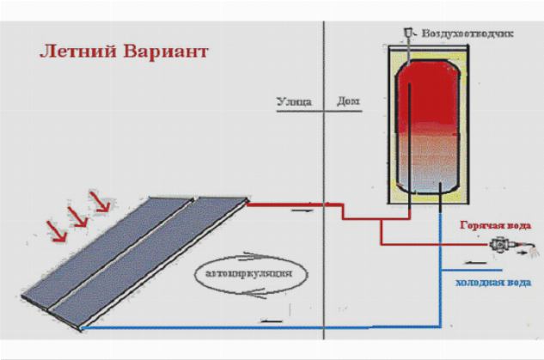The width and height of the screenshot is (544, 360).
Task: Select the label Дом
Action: coord(348,101)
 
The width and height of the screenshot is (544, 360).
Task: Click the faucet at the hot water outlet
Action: coord(498,244)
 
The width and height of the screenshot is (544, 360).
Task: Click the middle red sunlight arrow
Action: coord(78,216)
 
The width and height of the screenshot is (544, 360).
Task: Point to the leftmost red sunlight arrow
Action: coord(55,229)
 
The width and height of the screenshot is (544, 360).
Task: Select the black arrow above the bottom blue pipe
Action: coord(273,320)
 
